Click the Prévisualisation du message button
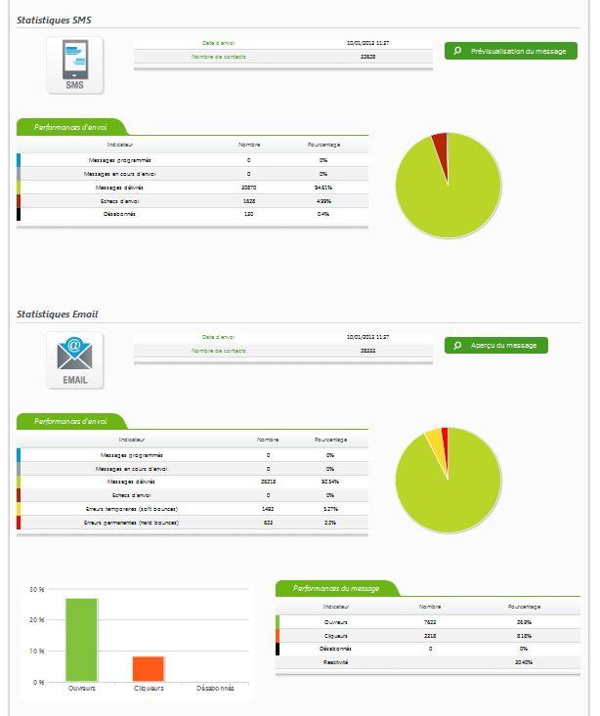pyautogui.click(x=510, y=51)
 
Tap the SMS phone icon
pyautogui.click(x=75, y=66)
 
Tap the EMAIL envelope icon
pyautogui.click(x=75, y=360)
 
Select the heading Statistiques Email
pyautogui.click(x=58, y=315)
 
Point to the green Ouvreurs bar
pyautogui.click(x=81, y=640)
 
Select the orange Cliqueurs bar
pyautogui.click(x=149, y=668)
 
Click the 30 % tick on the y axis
pyautogui.click(x=37, y=590)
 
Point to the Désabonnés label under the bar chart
pyautogui.click(x=215, y=689)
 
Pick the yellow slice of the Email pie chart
pyautogui.click(x=433, y=441)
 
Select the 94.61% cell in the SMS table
pyautogui.click(x=322, y=187)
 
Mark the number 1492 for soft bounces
pyautogui.click(x=268, y=509)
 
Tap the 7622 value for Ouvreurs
pyautogui.click(x=430, y=621)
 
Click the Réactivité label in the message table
pyautogui.click(x=335, y=662)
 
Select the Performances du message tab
pyautogui.click(x=335, y=589)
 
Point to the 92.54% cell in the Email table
pyautogui.click(x=330, y=482)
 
